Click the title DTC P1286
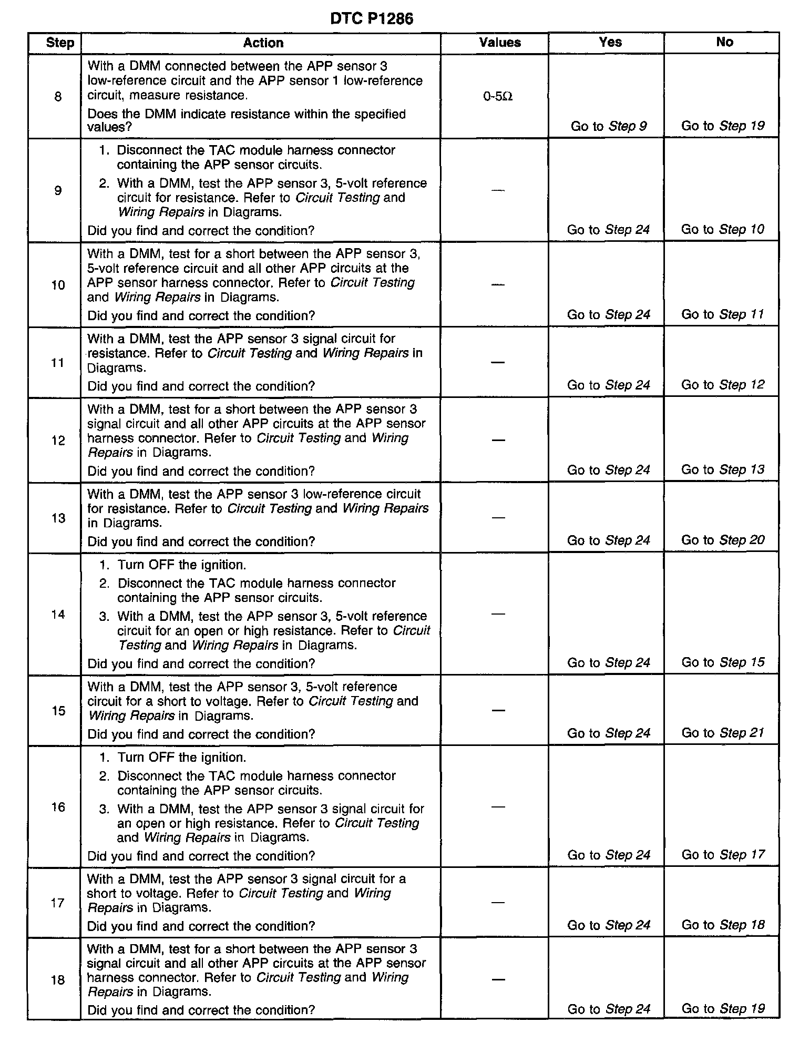tap(372, 19)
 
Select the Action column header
tap(263, 43)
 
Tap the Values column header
tap(500, 43)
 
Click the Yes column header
tap(610, 42)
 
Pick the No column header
tap(724, 42)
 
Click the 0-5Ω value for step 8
tap(498, 97)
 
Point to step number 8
tap(58, 97)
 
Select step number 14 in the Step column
tap(58, 614)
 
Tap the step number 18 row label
tap(58, 980)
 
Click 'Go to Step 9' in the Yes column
tap(609, 126)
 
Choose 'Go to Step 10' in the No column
tap(723, 229)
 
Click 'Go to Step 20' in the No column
tap(723, 540)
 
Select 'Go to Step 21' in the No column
tap(723, 733)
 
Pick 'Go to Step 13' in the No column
tap(723, 469)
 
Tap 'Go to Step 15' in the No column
tap(723, 662)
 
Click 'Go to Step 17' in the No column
tap(723, 855)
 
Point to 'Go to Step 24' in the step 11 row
tap(609, 385)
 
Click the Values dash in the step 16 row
tap(498, 806)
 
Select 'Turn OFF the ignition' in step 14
tap(181, 565)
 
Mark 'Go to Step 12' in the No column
tap(723, 385)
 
